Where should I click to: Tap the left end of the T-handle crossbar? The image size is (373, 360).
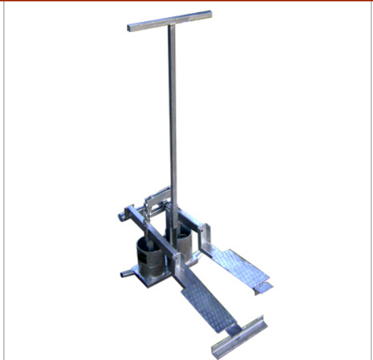point(130,28)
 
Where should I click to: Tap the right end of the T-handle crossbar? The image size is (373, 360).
point(209,14)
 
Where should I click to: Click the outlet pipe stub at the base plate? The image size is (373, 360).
point(125,274)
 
